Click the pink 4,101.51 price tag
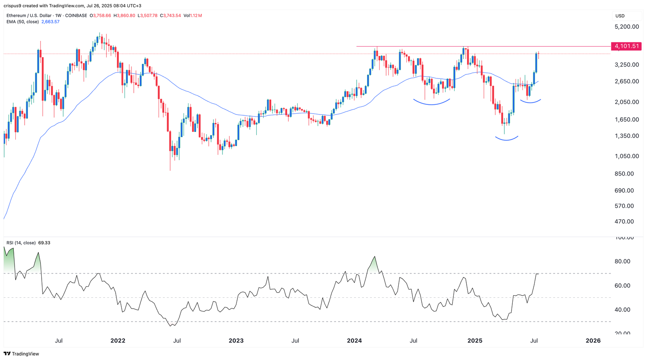coord(626,46)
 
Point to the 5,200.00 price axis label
coord(626,27)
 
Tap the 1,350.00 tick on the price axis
coord(626,136)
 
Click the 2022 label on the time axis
coord(118,341)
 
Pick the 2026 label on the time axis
coord(593,341)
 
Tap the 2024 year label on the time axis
coord(354,341)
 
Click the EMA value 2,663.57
coord(51,22)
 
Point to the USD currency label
coord(620,16)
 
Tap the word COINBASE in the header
coord(76,16)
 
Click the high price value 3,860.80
coord(127,16)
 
